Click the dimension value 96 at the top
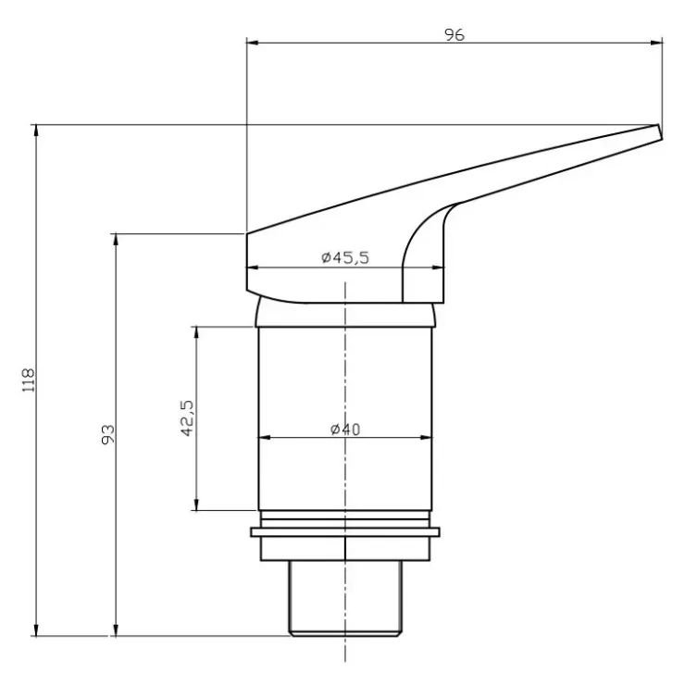[455, 35]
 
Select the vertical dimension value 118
[29, 380]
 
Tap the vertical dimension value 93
[108, 434]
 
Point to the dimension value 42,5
[187, 418]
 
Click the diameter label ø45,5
[345, 257]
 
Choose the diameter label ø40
[345, 429]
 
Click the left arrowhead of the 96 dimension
[253, 43]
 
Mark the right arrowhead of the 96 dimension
[656, 43]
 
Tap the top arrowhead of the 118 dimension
[36, 131]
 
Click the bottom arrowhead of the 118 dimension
[36, 629]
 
